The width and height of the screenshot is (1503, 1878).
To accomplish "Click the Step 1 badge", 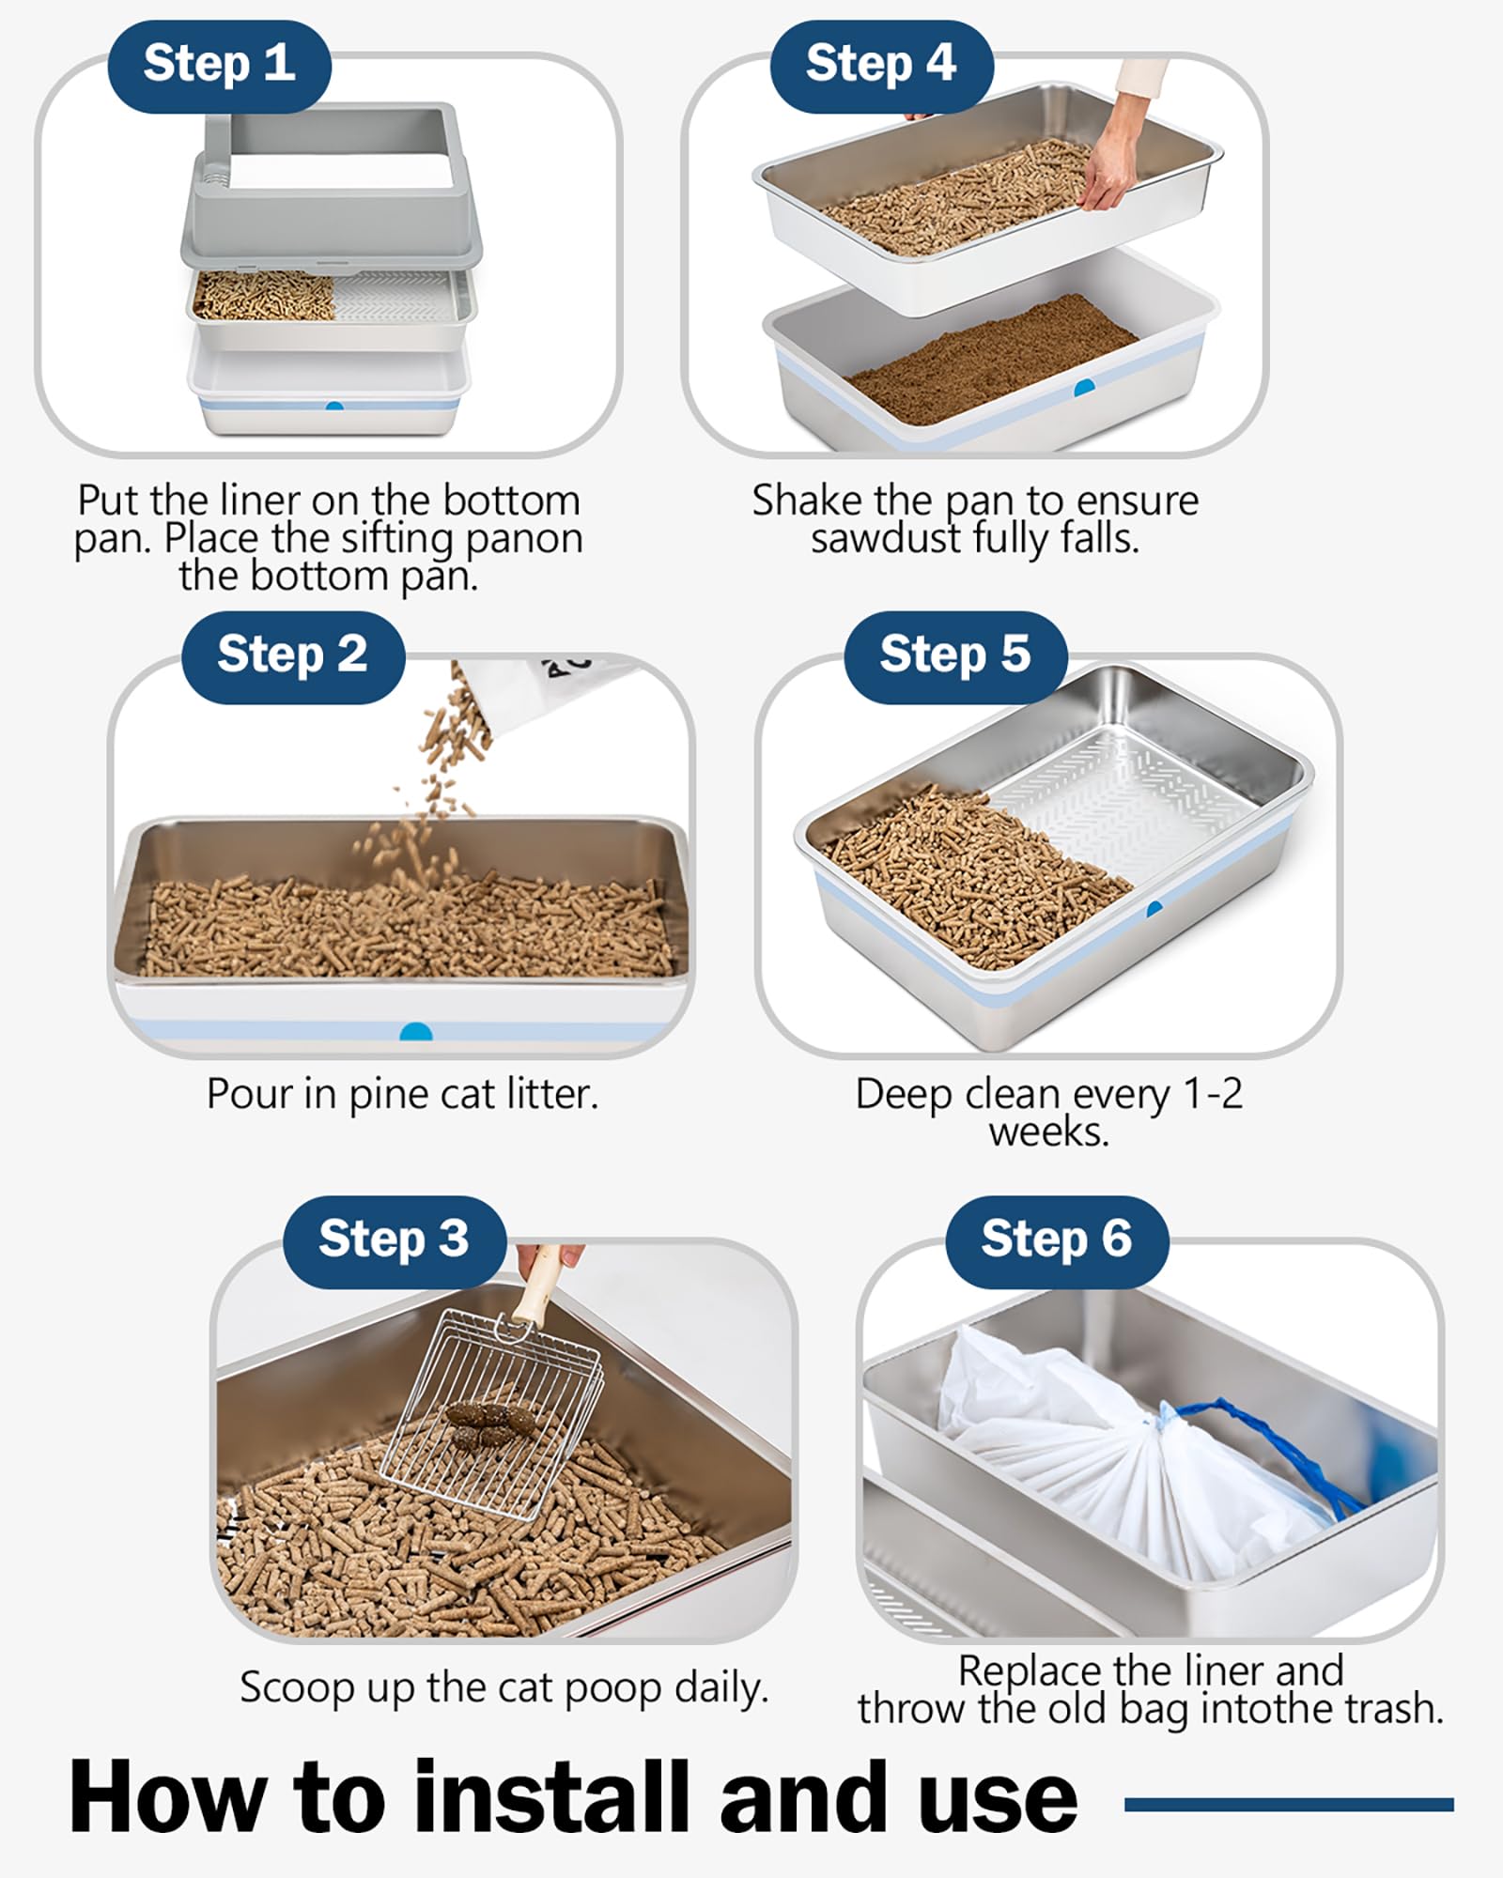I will (x=219, y=66).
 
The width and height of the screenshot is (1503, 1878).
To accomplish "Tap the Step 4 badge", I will (x=881, y=66).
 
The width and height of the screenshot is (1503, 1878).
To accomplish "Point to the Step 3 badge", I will (x=395, y=1240).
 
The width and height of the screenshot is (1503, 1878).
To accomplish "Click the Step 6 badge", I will (x=1057, y=1240).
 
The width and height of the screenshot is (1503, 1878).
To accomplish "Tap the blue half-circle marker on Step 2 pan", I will (x=416, y=1033).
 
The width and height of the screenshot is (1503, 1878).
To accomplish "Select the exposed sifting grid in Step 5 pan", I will (x=1127, y=798).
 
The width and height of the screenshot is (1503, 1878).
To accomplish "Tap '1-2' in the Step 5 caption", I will (x=1213, y=1094).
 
